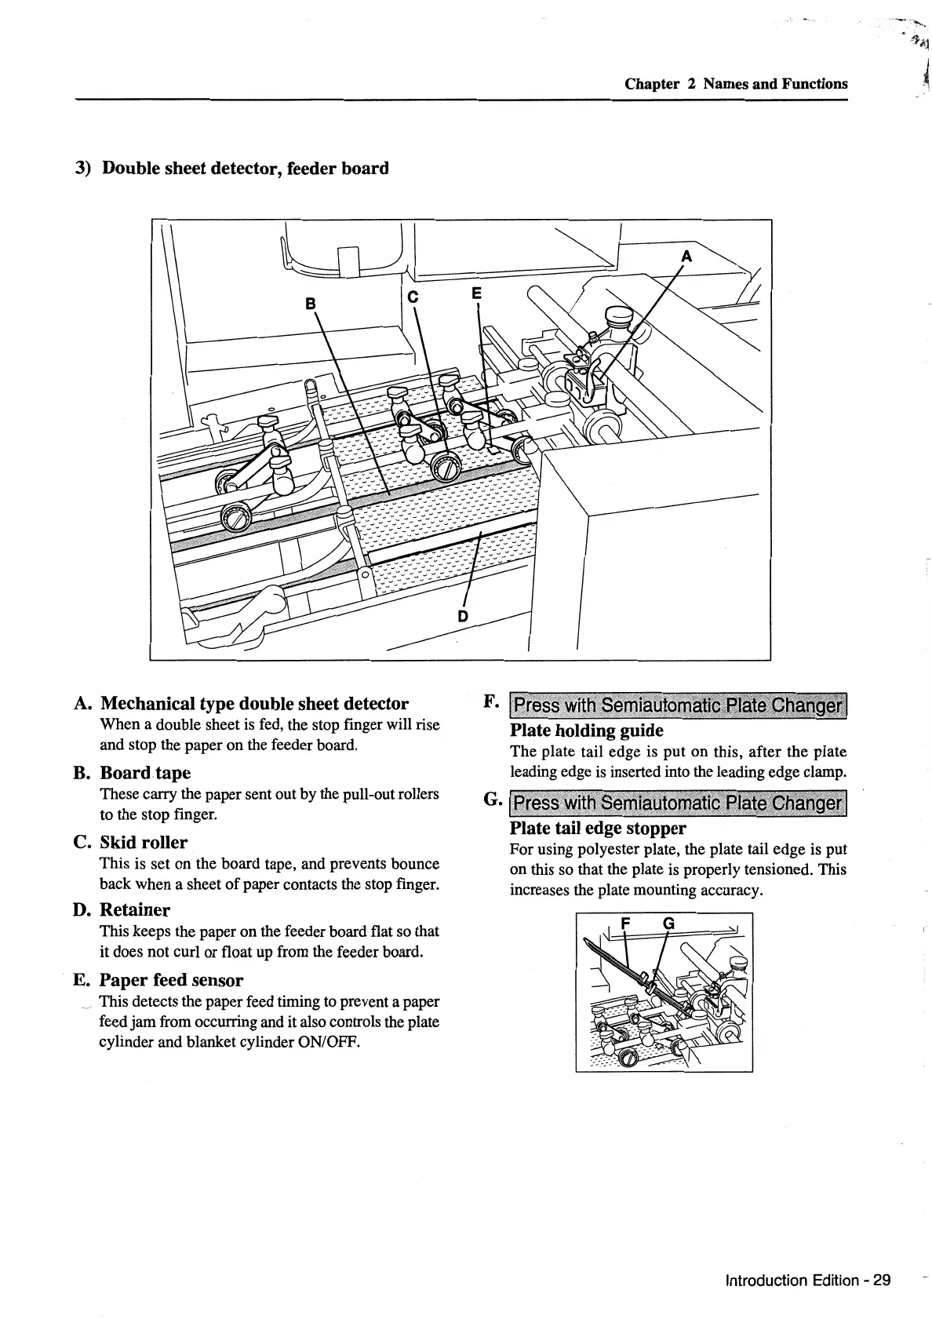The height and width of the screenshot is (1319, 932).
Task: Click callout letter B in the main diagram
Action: tap(311, 303)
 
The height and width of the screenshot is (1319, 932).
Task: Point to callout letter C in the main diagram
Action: tap(414, 296)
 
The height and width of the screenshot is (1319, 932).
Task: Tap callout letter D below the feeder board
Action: tap(462, 615)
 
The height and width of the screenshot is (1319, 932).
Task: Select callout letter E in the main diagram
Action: tap(475, 293)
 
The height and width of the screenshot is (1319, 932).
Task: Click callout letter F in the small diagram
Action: tap(625, 924)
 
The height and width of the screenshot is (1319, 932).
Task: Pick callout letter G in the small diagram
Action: tap(668, 924)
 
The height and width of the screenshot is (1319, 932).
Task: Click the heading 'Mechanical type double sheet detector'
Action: tap(255, 703)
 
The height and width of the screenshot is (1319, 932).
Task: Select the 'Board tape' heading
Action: tap(145, 773)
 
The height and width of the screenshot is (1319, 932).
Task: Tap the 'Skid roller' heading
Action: tap(144, 843)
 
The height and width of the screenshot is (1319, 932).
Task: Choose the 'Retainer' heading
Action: tap(135, 910)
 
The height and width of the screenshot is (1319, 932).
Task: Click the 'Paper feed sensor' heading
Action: tap(171, 980)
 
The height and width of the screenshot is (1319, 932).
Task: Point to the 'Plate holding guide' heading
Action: tap(586, 731)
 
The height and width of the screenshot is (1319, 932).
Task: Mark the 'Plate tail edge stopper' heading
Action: tap(598, 829)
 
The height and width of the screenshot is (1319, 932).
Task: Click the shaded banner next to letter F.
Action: tap(679, 705)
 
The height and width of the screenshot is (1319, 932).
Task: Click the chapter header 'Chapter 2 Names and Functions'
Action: tap(736, 84)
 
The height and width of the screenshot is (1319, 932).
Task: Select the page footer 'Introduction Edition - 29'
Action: tap(808, 1281)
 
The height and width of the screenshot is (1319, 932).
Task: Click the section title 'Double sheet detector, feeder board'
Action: tap(246, 168)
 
